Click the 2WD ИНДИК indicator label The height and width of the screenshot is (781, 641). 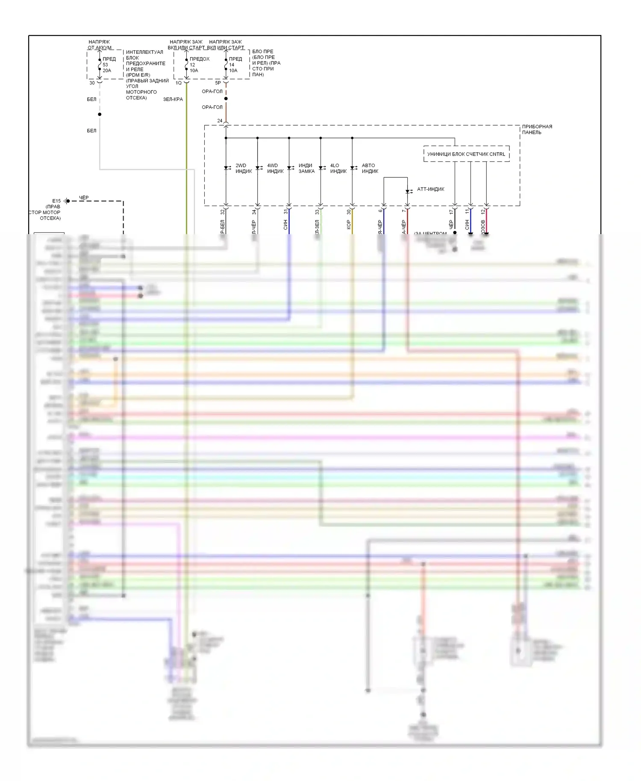[244, 168]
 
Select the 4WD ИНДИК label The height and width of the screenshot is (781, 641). [275, 168]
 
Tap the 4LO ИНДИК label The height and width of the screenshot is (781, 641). [338, 168]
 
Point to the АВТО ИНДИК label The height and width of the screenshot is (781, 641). [370, 168]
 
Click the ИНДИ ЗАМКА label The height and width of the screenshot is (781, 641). [306, 168]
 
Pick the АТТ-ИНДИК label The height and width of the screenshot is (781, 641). [430, 189]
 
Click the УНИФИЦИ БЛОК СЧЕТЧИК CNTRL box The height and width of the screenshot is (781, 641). [466, 154]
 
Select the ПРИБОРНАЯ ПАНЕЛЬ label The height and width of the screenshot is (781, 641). [537, 129]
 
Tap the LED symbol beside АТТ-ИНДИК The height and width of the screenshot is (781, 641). [408, 191]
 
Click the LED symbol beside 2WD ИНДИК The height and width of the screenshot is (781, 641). [226, 168]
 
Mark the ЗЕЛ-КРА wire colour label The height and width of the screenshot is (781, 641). [173, 100]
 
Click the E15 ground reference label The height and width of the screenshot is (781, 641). [56, 201]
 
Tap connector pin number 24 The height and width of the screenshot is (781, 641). [220, 121]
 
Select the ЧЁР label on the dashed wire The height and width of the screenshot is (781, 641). [84, 198]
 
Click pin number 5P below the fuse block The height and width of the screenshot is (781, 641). [218, 83]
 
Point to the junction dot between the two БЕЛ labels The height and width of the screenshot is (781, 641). [100, 115]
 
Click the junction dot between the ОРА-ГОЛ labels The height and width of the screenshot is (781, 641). [226, 99]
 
